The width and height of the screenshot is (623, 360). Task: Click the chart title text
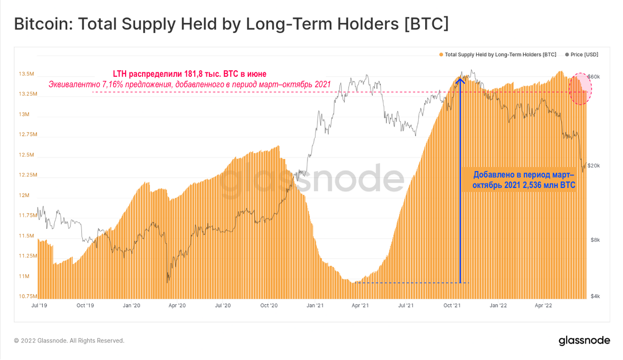point(231,24)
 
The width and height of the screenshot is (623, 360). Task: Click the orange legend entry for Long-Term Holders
point(497,54)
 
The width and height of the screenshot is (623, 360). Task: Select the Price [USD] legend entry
point(582,54)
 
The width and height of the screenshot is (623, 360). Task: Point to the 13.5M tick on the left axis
point(26,74)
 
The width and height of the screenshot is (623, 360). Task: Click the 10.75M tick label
point(27,296)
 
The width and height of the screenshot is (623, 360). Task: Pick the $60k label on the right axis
point(593,76)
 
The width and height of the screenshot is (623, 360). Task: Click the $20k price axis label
point(593,166)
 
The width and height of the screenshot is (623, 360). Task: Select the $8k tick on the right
point(595,240)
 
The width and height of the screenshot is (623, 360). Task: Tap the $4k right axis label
point(595,296)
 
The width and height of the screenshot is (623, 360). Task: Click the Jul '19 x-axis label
point(39,305)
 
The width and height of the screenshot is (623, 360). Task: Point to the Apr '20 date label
point(177,305)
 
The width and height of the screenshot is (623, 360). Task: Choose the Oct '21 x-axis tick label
point(452,305)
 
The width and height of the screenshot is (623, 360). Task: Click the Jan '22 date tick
point(498,305)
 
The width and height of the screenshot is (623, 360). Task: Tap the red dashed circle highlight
point(580,89)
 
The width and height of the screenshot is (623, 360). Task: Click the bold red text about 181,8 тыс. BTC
point(189,74)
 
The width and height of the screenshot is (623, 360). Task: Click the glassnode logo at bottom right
point(584,341)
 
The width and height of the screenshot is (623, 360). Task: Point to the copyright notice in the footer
point(69,341)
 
